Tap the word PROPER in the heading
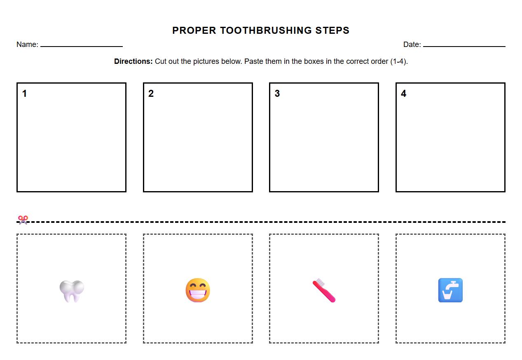click(x=194, y=30)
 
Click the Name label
click(x=27, y=44)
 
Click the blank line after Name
click(x=82, y=45)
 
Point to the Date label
click(x=412, y=44)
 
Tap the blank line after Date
click(x=464, y=45)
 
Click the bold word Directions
click(x=133, y=61)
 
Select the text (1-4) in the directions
click(x=398, y=61)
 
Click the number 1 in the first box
click(x=24, y=94)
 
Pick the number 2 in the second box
click(x=151, y=94)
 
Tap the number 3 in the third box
click(x=277, y=94)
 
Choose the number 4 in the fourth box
click(x=403, y=94)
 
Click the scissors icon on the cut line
click(x=23, y=220)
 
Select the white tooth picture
click(x=72, y=291)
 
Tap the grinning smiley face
click(x=198, y=290)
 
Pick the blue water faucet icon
click(x=450, y=290)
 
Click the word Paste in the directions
click(x=254, y=61)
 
